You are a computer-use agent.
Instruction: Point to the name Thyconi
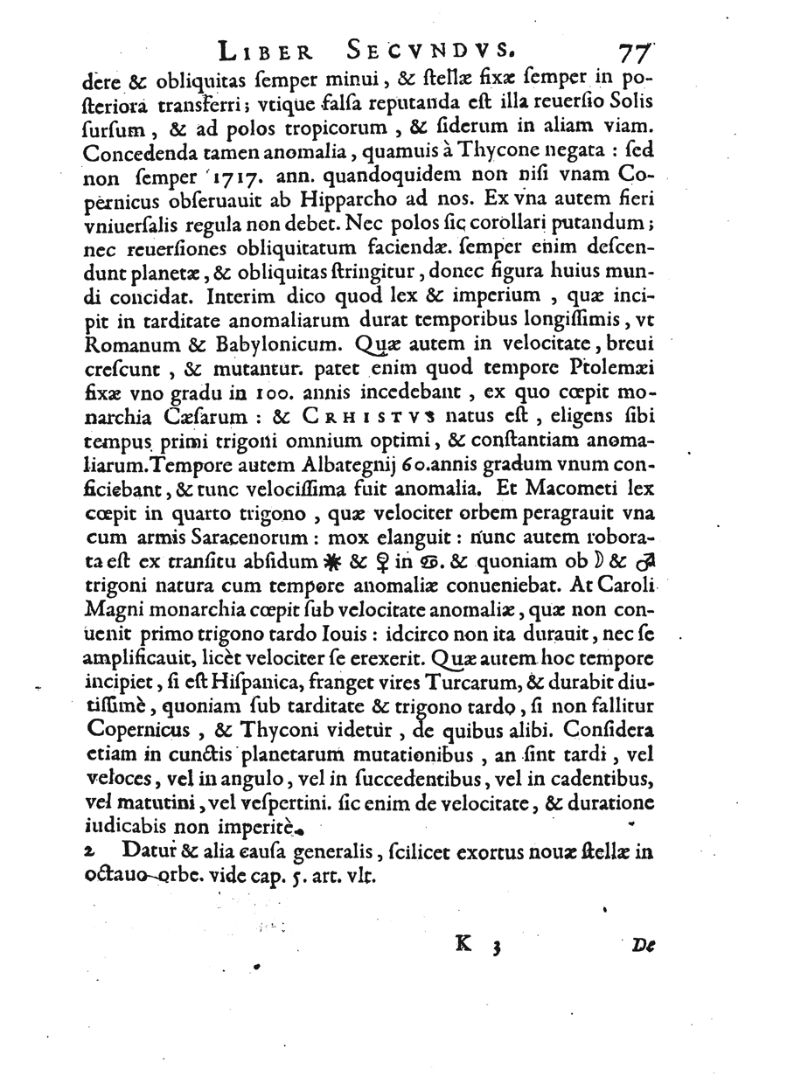tap(387, 730)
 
